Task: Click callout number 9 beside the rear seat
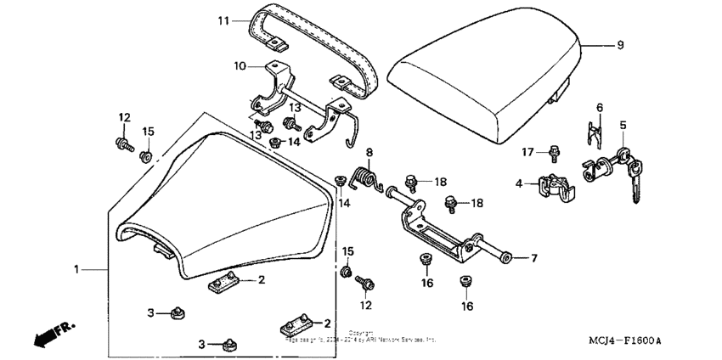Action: (x=619, y=45)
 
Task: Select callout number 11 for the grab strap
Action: (x=223, y=20)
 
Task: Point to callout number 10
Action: (x=240, y=65)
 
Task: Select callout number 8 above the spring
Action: (x=369, y=153)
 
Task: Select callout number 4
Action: (x=519, y=181)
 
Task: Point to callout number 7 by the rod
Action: (x=534, y=257)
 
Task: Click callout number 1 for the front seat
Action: (x=77, y=269)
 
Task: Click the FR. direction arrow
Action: (x=52, y=334)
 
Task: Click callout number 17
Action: (x=527, y=153)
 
